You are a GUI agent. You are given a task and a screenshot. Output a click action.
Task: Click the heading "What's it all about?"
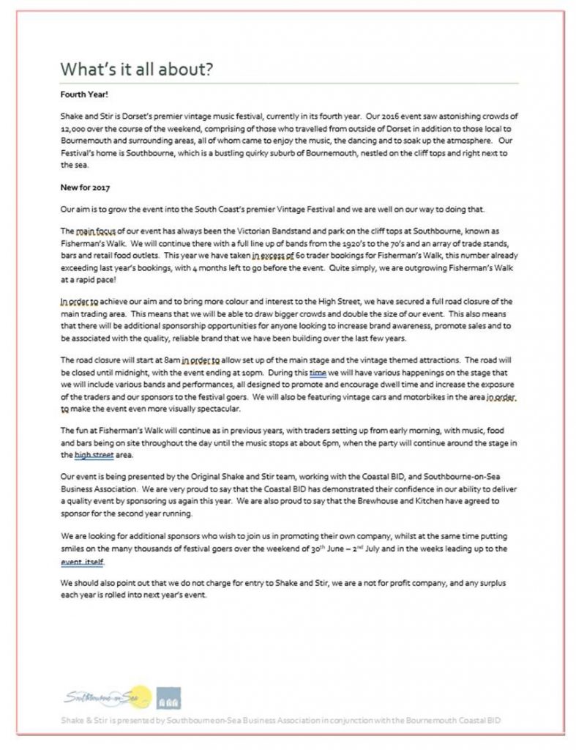point(137,70)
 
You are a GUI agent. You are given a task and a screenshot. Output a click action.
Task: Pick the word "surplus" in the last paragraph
point(502,582)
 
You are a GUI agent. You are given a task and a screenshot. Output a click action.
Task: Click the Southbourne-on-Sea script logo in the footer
point(106,694)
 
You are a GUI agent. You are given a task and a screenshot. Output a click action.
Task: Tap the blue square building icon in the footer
point(170,698)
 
